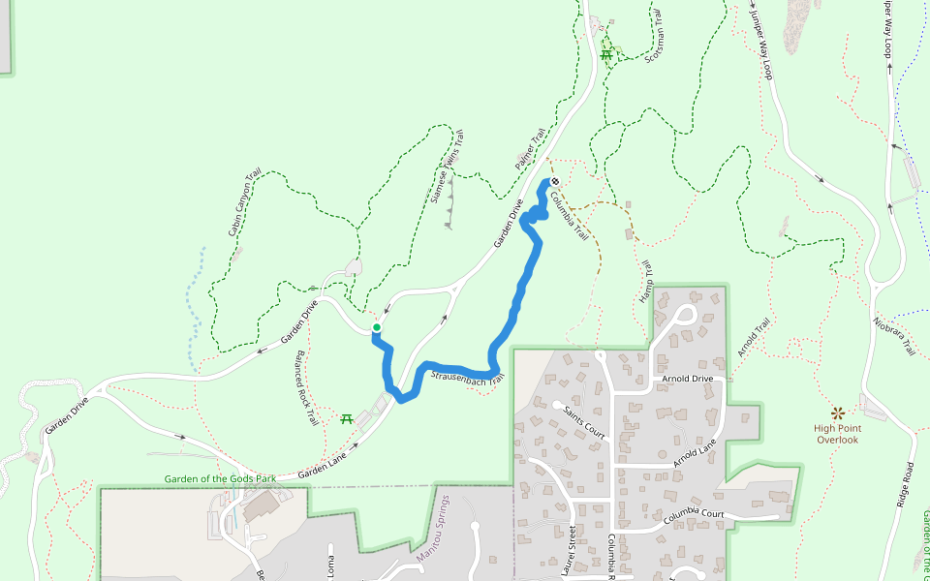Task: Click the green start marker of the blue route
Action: (x=376, y=328)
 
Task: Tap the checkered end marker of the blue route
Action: (x=555, y=181)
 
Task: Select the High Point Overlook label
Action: (x=836, y=434)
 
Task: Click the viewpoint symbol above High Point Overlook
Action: (x=837, y=413)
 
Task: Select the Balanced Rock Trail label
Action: (x=307, y=388)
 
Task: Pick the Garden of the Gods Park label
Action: (x=220, y=478)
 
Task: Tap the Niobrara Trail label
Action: (x=894, y=335)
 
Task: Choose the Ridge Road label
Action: (x=905, y=484)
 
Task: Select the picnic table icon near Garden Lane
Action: (x=346, y=418)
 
